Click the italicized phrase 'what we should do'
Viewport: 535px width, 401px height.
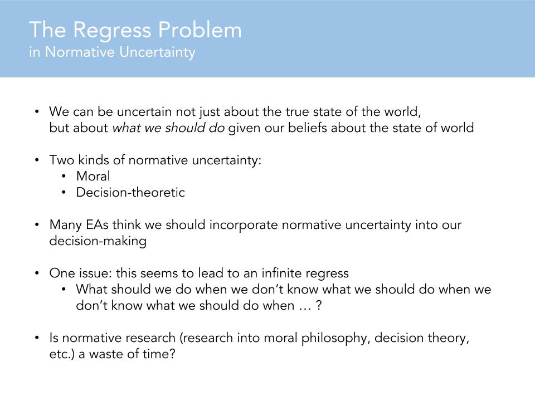click(x=168, y=128)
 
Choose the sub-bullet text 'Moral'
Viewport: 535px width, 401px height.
click(x=93, y=177)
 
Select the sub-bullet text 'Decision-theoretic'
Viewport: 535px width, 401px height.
click(x=130, y=193)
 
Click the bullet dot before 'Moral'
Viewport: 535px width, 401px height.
click(x=65, y=177)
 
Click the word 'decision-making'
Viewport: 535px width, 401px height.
click(x=98, y=242)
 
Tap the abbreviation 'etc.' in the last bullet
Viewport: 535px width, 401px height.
click(x=60, y=355)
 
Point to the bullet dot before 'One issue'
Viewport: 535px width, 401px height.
click(x=37, y=273)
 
